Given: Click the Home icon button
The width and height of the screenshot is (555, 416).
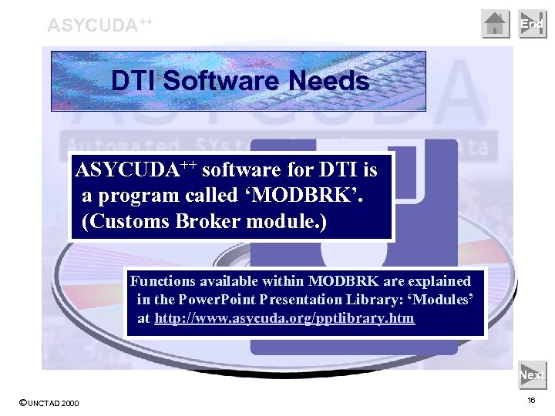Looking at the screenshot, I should (x=496, y=24).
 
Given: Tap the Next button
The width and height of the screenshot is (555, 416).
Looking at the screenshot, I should (x=532, y=375).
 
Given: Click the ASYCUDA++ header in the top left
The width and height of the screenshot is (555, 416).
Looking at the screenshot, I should (x=99, y=24).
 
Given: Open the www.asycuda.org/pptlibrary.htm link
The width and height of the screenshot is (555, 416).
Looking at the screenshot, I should (x=284, y=317).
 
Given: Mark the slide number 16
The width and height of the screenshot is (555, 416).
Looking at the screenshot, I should (x=531, y=401).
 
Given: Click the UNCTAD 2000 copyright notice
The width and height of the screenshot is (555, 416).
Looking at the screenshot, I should (x=49, y=403).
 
